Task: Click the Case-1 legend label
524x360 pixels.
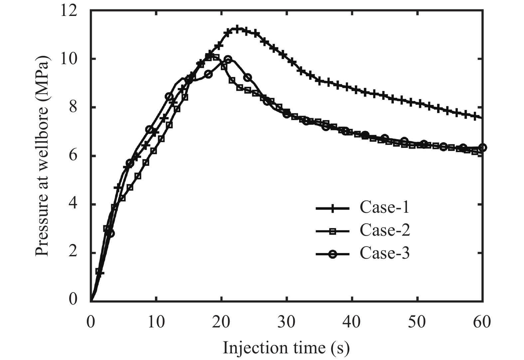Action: pyautogui.click(x=384, y=208)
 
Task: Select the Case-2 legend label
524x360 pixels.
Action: pyautogui.click(x=384, y=230)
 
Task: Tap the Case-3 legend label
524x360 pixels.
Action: pyautogui.click(x=384, y=254)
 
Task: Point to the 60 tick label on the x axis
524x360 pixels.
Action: pyautogui.click(x=482, y=322)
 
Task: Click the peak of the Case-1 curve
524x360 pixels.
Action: pyautogui.click(x=237, y=29)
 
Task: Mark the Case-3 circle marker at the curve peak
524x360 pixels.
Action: pyautogui.click(x=228, y=60)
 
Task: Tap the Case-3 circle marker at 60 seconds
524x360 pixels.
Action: pyautogui.click(x=483, y=147)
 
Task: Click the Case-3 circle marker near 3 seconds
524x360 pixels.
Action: pyautogui.click(x=111, y=234)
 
